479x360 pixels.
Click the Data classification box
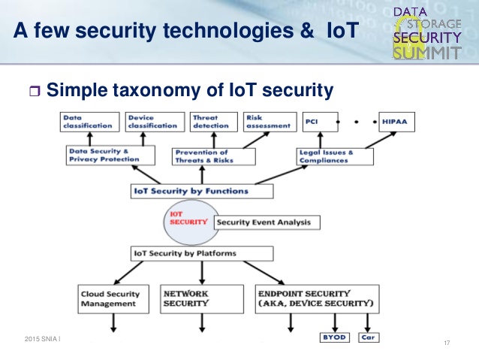(90, 122)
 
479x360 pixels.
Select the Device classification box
(152, 122)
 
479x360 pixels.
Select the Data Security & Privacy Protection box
(110, 156)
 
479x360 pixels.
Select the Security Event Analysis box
(267, 222)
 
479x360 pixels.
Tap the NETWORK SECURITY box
(200, 298)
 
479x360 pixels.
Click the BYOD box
(334, 337)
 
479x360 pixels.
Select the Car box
(368, 337)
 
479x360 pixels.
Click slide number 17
(447, 343)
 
